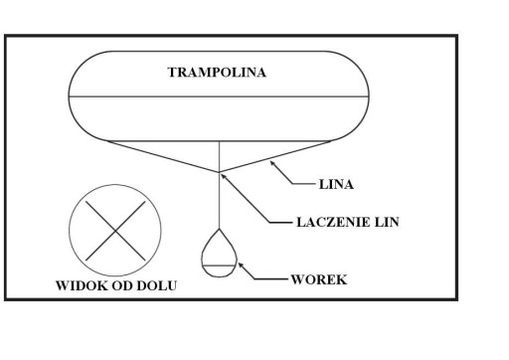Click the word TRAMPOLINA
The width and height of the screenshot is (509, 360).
pyautogui.click(x=217, y=73)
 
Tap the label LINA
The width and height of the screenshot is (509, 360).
pyautogui.click(x=336, y=184)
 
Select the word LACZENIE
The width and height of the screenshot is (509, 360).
pyautogui.click(x=333, y=222)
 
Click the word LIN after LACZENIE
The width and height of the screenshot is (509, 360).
pyautogui.click(x=387, y=222)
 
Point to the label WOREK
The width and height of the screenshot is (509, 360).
pyautogui.click(x=319, y=279)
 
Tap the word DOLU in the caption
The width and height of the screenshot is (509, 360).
pyautogui.click(x=156, y=285)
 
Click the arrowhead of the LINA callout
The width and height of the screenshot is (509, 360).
pyautogui.click(x=272, y=163)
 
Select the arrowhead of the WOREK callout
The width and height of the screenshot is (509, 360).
pyautogui.click(x=241, y=265)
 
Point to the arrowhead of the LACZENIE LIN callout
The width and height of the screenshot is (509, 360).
pyautogui.click(x=224, y=176)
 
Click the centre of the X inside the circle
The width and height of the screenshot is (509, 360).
pyautogui.click(x=115, y=231)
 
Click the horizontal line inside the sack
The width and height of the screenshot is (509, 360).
pyautogui.click(x=219, y=266)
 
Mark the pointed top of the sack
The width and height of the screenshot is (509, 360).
pyautogui.click(x=219, y=229)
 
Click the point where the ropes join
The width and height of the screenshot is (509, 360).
pyautogui.click(x=219, y=172)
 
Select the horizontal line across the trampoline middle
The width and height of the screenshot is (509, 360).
pyautogui.click(x=219, y=96)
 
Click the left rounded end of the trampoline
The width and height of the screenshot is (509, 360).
pyautogui.click(x=69, y=96)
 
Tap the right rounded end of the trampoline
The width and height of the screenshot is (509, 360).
pyautogui.click(x=369, y=96)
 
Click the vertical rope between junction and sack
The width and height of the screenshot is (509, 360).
pyautogui.click(x=219, y=200)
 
